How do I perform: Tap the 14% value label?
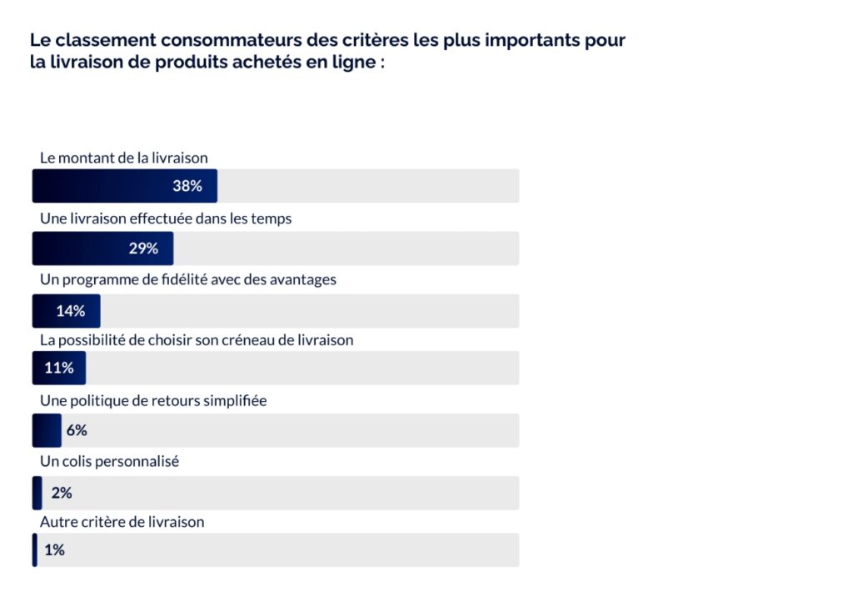tap(71, 311)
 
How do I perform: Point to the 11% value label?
tap(59, 368)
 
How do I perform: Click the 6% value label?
tap(77, 430)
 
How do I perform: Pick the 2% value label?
tap(62, 493)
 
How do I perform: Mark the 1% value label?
tap(55, 550)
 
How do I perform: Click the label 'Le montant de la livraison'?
tap(124, 157)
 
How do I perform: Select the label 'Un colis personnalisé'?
tap(110, 461)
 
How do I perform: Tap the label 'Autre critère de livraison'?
tap(122, 522)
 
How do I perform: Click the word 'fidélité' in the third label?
tap(175, 279)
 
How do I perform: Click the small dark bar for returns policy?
tap(47, 430)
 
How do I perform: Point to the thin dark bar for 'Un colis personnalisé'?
tap(37, 493)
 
